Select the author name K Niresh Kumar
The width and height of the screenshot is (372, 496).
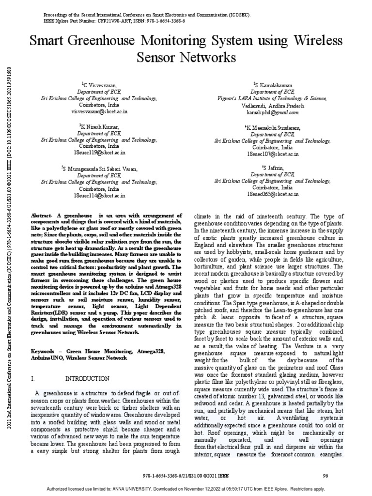point(99,127)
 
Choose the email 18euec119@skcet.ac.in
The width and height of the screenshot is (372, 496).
point(99,153)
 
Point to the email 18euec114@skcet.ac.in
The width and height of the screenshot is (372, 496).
point(99,195)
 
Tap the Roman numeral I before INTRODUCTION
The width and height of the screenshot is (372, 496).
point(31,378)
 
